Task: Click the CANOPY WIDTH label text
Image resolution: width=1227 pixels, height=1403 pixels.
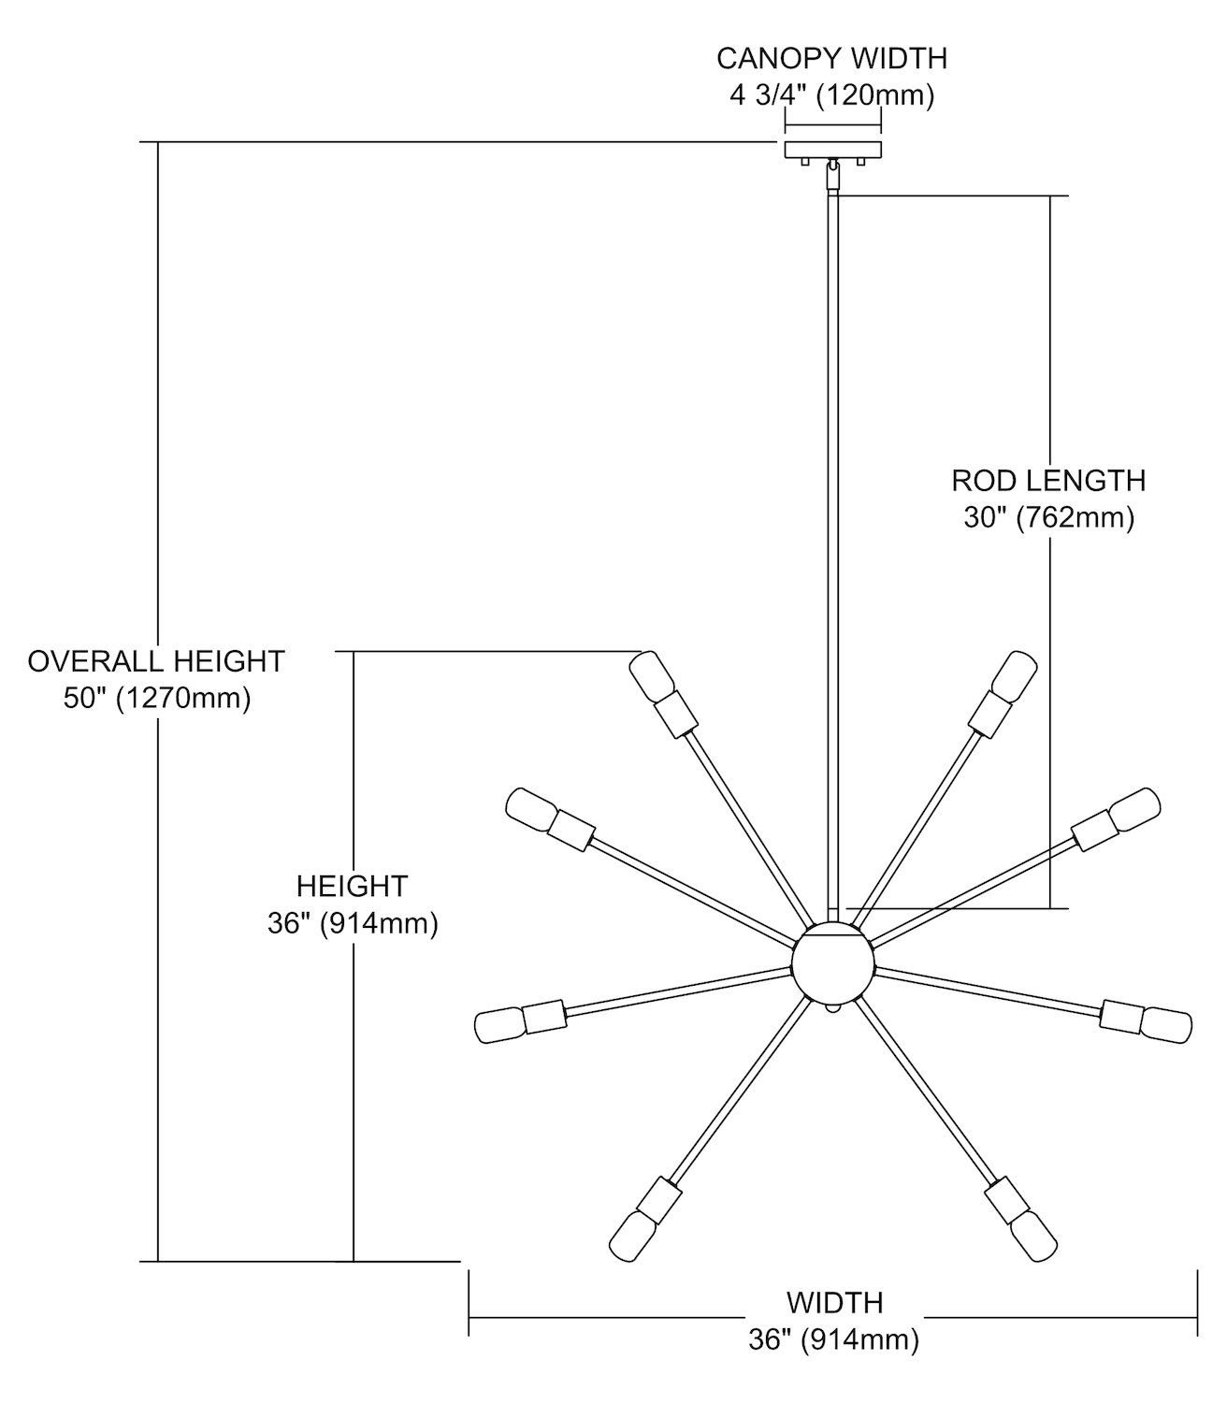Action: point(831,58)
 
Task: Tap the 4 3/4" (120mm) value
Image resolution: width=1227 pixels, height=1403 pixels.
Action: point(831,95)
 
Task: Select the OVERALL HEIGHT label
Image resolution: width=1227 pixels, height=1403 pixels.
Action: point(155,661)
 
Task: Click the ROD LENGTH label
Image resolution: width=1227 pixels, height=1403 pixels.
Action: point(1048,481)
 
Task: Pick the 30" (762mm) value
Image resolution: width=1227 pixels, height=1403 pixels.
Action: point(1048,517)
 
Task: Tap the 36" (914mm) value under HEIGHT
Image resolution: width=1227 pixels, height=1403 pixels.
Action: point(353,923)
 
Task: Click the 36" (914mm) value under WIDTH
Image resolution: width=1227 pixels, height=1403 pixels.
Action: point(833,1339)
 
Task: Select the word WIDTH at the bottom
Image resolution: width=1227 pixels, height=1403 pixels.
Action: point(834,1302)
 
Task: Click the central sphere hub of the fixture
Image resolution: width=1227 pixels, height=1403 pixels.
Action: point(833,964)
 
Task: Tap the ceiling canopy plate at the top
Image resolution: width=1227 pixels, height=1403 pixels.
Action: point(832,149)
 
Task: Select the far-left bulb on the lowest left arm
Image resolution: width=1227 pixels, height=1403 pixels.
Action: point(500,1025)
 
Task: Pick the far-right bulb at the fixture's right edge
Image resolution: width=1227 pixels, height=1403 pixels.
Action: point(1167,1023)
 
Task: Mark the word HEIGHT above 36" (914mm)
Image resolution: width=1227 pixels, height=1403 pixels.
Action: point(353,886)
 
